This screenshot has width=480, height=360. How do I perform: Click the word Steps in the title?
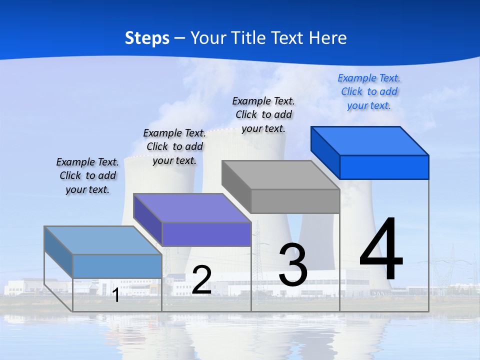(x=147, y=38)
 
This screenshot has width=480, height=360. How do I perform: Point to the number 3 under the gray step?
(x=292, y=265)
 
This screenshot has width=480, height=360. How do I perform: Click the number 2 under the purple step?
(x=201, y=280)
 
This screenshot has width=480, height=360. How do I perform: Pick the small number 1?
(x=115, y=295)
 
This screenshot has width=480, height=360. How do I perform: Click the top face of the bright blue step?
(x=369, y=141)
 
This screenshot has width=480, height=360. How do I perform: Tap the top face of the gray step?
(x=280, y=175)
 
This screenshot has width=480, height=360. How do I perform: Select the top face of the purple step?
(x=192, y=208)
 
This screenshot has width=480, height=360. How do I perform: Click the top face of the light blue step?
(x=103, y=240)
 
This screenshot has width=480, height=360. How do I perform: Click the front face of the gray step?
(x=295, y=201)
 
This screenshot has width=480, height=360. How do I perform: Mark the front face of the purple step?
(x=206, y=234)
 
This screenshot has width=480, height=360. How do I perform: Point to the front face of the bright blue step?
(x=384, y=167)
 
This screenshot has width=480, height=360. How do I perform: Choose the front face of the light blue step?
(x=117, y=266)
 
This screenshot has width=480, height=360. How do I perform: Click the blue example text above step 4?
(x=369, y=91)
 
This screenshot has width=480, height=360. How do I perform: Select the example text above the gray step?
(x=263, y=114)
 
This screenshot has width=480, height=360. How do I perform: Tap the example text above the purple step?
(x=174, y=146)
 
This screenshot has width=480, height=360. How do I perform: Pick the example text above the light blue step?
(x=87, y=175)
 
